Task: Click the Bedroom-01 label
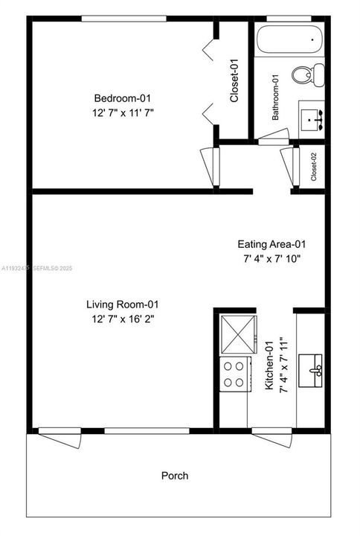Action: coord(122,98)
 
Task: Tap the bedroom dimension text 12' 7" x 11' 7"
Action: coord(123,113)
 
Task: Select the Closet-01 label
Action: coord(234,80)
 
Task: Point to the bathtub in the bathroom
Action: coord(290,40)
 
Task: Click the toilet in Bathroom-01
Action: coord(308,74)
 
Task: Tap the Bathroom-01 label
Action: coord(275,98)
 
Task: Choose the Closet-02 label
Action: coord(314,167)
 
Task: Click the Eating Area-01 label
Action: coord(271,244)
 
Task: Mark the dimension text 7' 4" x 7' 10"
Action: coord(272,259)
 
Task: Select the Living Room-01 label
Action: coord(123,304)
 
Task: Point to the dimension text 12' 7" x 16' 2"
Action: coord(123,319)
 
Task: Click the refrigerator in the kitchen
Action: coord(239,335)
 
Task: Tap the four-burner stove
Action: coord(235,374)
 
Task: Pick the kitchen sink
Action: coord(310,371)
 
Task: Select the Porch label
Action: coord(175,476)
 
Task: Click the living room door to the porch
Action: coord(60,437)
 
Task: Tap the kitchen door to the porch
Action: coord(272,437)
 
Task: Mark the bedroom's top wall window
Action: coord(123,19)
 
